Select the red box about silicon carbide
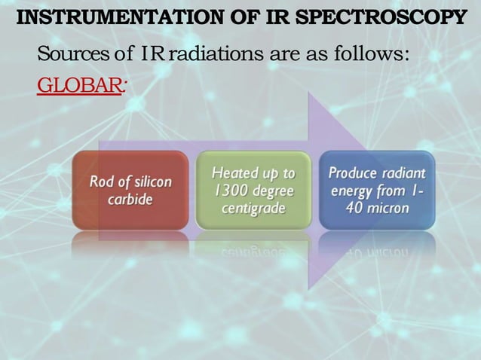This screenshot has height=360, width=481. click(x=130, y=191)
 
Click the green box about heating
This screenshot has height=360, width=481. click(x=253, y=191)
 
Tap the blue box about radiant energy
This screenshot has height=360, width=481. click(x=377, y=191)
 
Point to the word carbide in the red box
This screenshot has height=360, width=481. click(x=130, y=200)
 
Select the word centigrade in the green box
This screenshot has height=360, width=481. click(x=253, y=207)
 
